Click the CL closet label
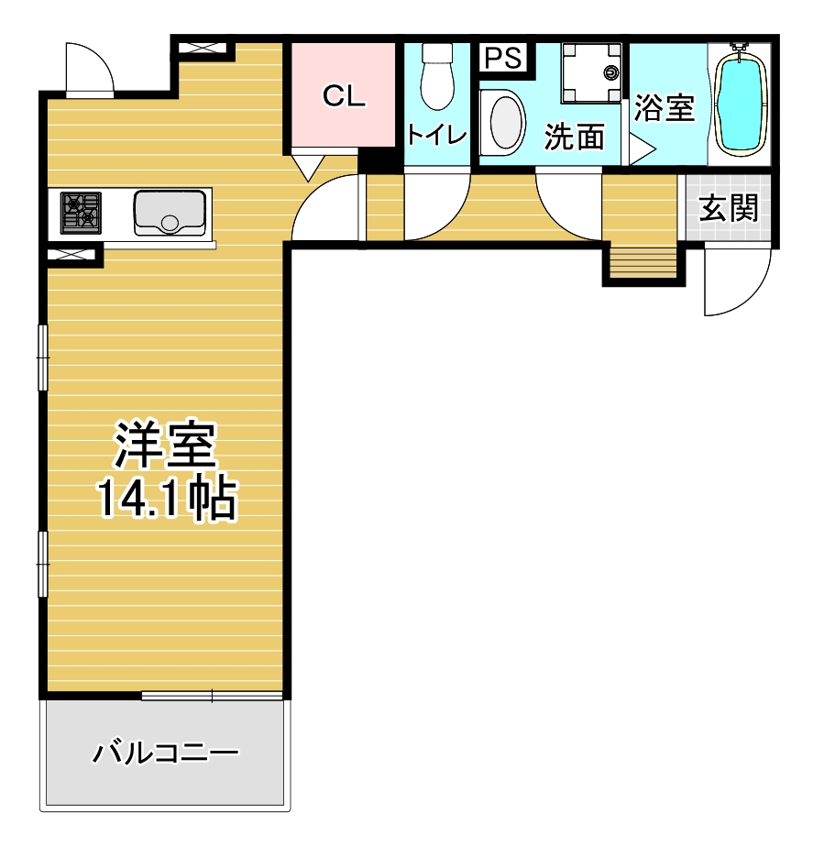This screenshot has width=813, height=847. pos(344,95)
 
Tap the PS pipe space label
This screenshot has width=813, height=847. pos(503,57)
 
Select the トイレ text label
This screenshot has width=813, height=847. pos(437,134)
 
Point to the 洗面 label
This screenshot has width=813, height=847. pos(574,136)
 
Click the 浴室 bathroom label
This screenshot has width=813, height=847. pos(664,107)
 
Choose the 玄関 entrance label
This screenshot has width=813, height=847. pos(728,207)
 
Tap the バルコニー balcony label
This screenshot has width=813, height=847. pos(165,753)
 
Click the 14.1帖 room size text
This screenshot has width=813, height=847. pos(167,498)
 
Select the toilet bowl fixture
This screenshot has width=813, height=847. pos(437,76)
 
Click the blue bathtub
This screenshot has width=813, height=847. pos(738,101)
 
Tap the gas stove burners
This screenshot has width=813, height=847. pos(81,213)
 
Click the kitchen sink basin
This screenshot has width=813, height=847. pos(170,213)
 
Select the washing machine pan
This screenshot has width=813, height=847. pos(591,73)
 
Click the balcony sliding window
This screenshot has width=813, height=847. pos(213,697)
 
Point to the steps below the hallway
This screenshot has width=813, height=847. pos(643,263)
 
